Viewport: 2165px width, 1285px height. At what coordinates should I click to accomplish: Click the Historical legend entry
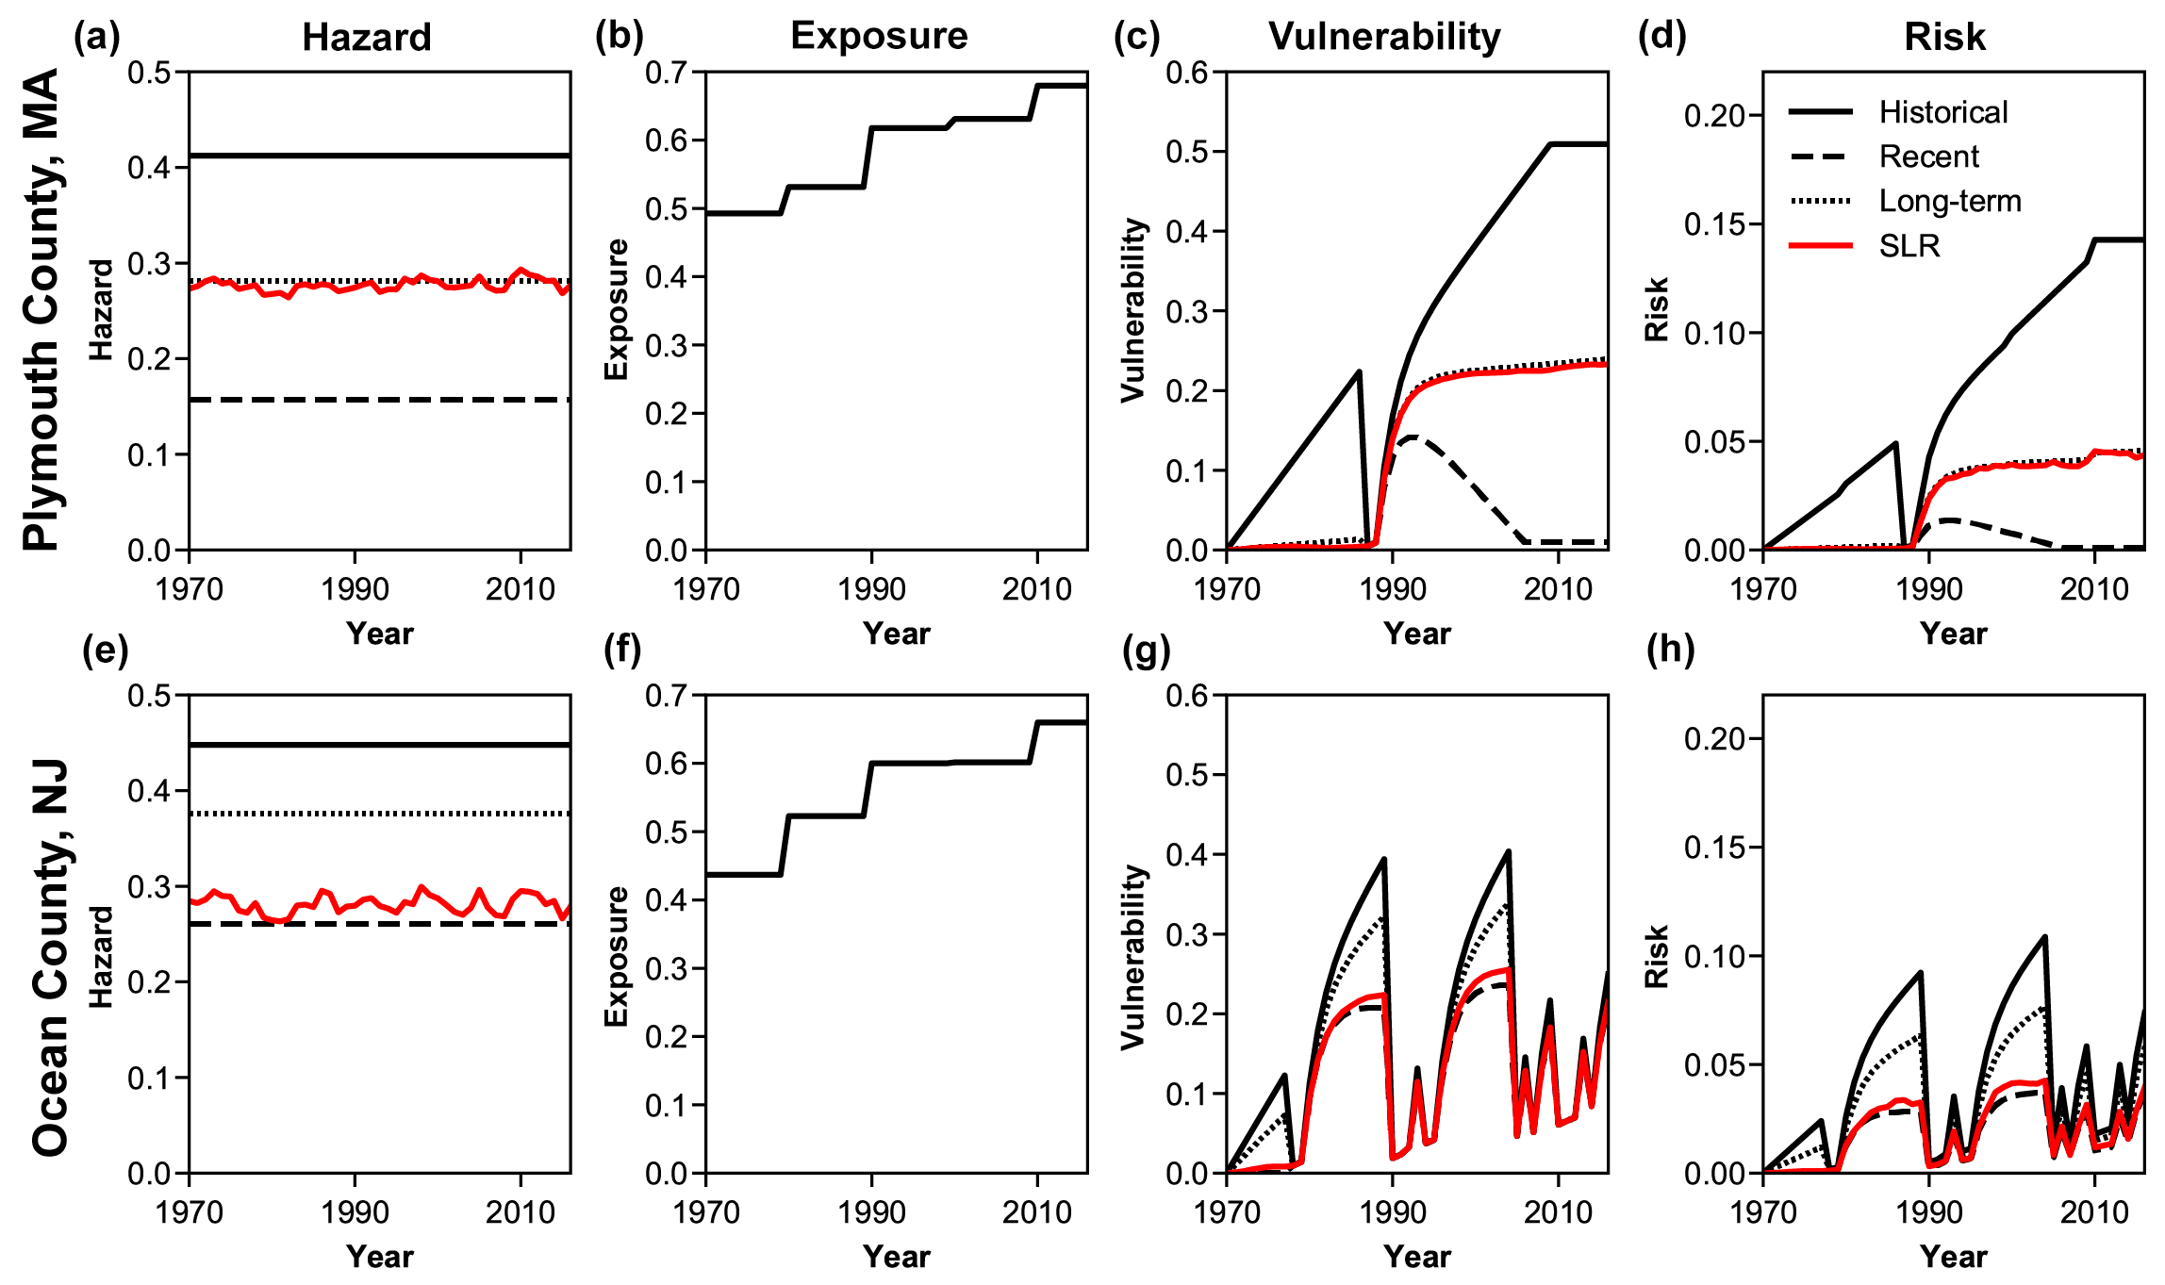tap(1942, 112)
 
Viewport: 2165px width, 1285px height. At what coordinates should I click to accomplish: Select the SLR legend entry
tap(1909, 246)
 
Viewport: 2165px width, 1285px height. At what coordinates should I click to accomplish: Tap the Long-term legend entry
tap(1950, 201)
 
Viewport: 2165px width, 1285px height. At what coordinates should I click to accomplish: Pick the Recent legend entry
tap(1928, 157)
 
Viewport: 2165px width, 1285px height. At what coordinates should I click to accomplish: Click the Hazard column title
tap(367, 38)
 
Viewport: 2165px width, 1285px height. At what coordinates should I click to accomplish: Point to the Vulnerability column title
tap(1384, 37)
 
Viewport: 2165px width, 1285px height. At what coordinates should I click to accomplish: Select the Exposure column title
tap(879, 36)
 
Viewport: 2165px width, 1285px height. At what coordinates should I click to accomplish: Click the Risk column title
tap(1944, 37)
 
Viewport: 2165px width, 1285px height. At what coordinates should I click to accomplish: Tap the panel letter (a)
tap(97, 36)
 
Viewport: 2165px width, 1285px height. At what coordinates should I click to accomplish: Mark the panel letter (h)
tap(1670, 650)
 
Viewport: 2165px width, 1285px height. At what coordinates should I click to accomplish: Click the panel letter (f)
tap(622, 650)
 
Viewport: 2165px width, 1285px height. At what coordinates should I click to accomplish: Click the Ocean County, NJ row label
tap(50, 957)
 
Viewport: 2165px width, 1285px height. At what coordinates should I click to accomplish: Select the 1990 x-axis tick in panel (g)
tap(1393, 1212)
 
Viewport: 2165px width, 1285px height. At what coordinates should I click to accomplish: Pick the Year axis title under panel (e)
tap(379, 1257)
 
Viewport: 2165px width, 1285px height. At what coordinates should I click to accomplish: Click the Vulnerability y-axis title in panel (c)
tap(1133, 310)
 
